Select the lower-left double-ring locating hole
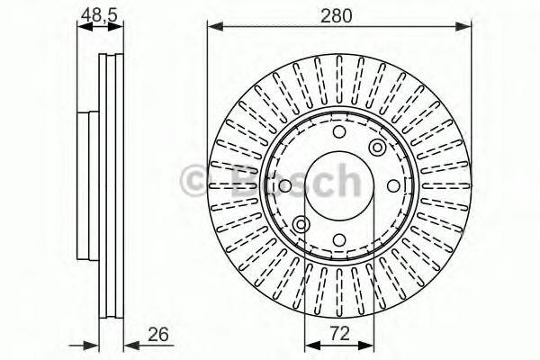(x=301, y=224)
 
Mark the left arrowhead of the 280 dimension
(x=213, y=28)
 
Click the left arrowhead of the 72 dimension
(x=310, y=345)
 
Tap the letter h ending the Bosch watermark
(x=345, y=184)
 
